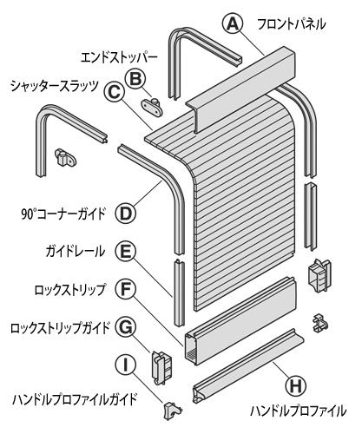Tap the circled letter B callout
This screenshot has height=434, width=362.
pos(136,79)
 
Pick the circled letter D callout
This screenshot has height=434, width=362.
pos(126,214)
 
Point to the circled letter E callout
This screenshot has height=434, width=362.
pos(125,251)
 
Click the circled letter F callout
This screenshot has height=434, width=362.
pos(126,288)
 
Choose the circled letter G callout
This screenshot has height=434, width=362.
pos(126,327)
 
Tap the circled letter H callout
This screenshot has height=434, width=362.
pos(296,386)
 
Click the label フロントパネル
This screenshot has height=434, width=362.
pos(292,24)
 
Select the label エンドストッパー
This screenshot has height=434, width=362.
pos(119,58)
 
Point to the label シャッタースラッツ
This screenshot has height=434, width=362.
pos(55,86)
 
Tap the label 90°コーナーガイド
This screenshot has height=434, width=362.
pos(63,214)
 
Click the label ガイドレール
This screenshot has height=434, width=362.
pos(76,251)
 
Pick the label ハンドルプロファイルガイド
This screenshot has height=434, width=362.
pos(74,400)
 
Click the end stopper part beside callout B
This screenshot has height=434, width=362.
pos(153,107)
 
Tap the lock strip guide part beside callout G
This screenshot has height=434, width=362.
pos(161,367)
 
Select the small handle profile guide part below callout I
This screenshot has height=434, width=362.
pos(173,411)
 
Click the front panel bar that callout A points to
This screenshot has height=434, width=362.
pos(240,89)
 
